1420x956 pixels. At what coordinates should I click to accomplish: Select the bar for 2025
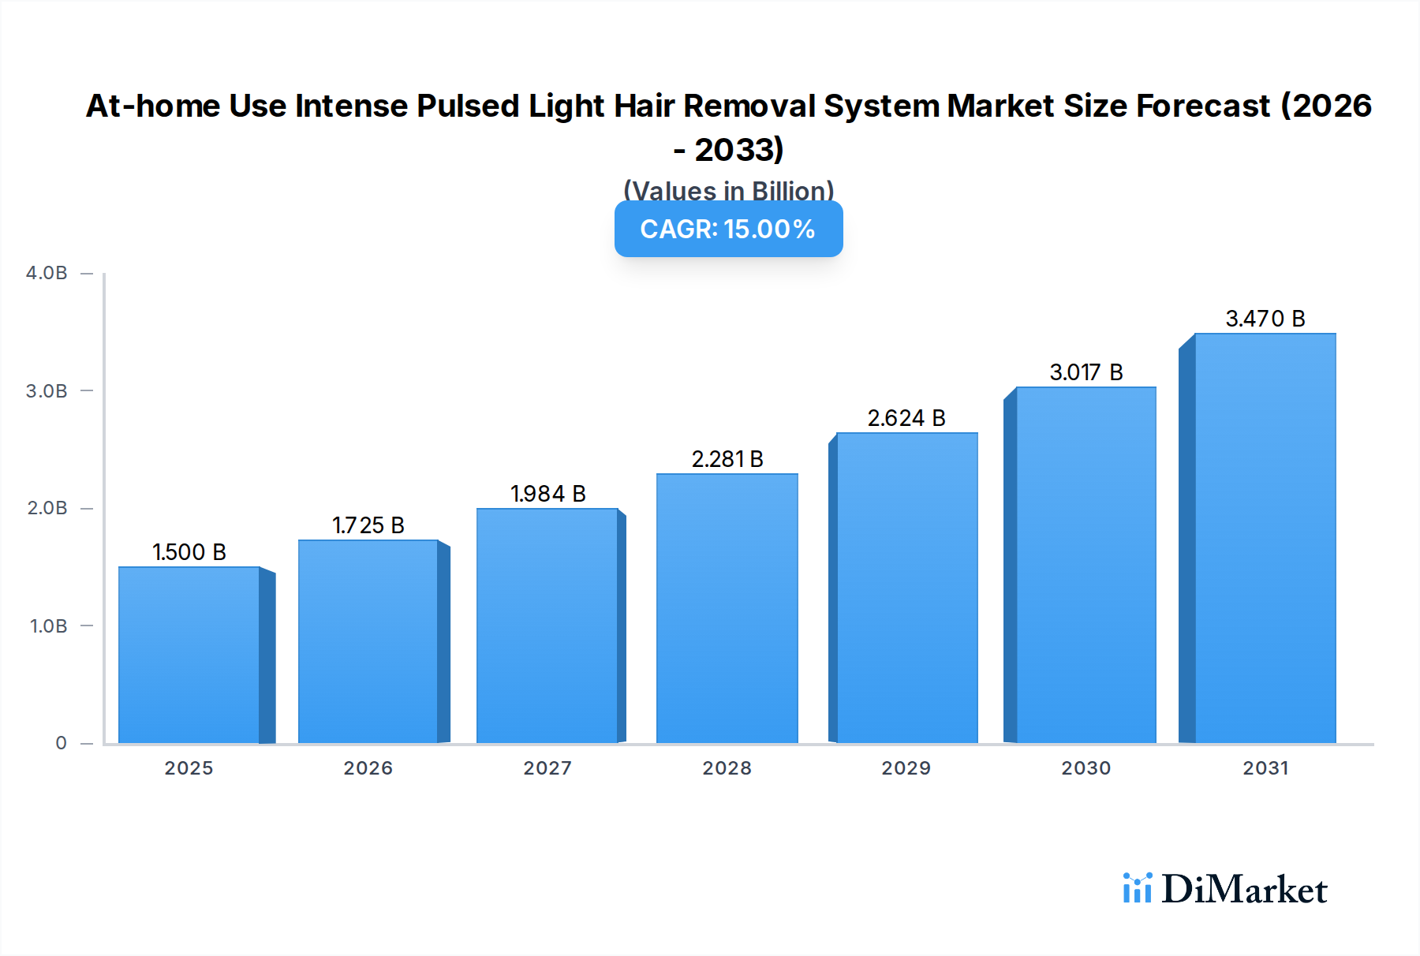189,655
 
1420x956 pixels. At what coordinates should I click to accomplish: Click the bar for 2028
727,607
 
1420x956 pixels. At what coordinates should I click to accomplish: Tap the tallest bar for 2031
1265,536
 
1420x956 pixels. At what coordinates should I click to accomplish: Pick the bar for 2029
906,588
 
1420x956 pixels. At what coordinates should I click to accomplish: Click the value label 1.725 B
368,525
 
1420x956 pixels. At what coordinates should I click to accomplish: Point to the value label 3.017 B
1086,372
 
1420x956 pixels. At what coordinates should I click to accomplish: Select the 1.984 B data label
547,494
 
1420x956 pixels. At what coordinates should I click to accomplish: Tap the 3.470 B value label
1265,319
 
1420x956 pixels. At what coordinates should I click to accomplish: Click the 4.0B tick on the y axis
47,273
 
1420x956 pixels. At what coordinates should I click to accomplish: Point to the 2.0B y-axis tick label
47,508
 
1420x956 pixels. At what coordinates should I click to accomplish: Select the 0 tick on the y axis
61,743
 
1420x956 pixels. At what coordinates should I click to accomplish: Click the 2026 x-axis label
368,768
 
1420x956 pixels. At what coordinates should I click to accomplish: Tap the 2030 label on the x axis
1086,768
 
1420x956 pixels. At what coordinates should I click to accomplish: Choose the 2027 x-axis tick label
547,768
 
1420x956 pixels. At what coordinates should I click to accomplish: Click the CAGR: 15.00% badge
728,229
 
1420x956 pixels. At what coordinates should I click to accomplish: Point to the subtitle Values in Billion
728,191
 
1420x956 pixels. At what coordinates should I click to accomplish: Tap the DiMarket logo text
1244,890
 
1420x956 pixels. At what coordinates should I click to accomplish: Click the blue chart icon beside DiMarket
1137,888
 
